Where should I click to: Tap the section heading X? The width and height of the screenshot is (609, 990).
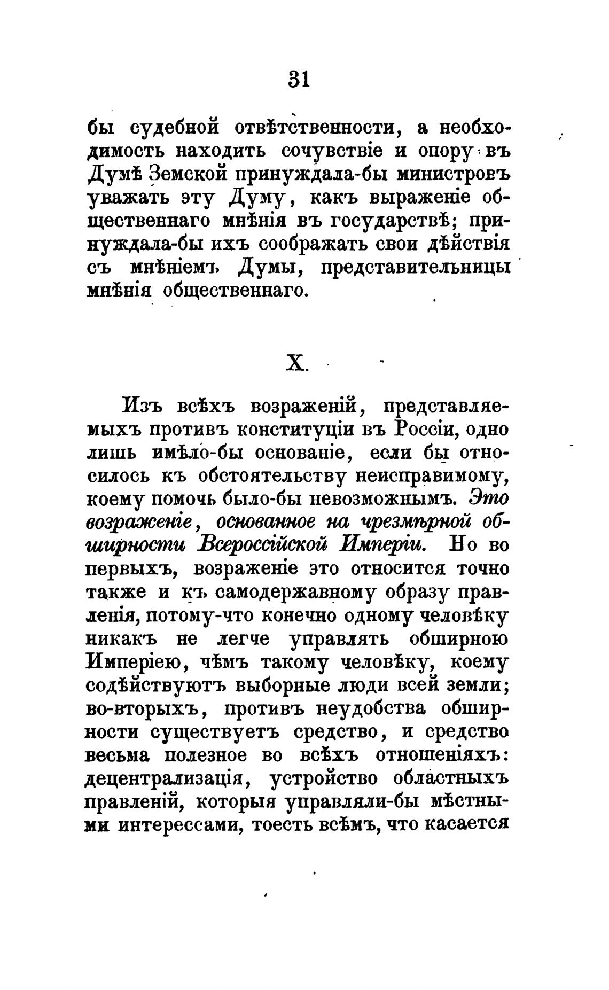(x=296, y=364)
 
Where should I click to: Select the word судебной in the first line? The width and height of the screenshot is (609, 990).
(x=175, y=128)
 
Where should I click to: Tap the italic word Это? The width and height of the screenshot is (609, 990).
(x=489, y=499)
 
